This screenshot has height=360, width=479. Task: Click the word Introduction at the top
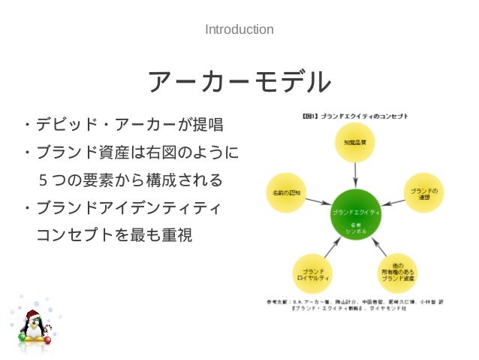(239, 30)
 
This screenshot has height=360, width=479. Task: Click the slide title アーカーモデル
(239, 82)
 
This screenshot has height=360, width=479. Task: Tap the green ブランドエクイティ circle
(355, 213)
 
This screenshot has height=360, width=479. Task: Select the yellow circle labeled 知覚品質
(354, 140)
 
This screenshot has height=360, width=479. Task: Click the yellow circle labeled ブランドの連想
(424, 192)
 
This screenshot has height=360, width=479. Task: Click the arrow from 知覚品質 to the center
(354, 174)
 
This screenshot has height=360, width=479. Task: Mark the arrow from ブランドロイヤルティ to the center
(331, 247)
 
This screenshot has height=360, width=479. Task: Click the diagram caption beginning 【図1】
(354, 116)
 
